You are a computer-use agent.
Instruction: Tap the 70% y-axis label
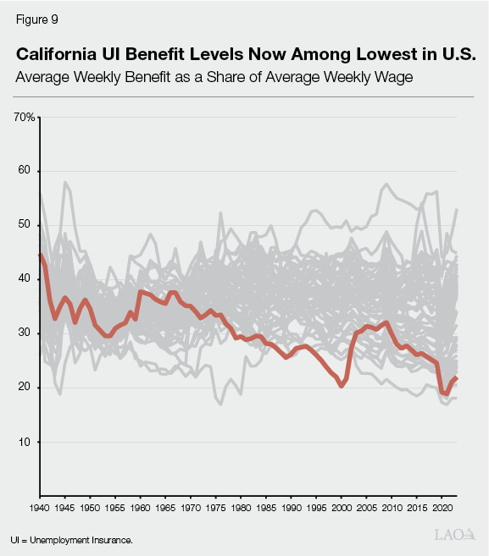click(24, 117)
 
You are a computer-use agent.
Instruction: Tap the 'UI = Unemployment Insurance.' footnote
click(72, 538)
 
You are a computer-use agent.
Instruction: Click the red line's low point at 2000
click(341, 386)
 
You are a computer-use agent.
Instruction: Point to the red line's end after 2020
click(457, 378)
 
